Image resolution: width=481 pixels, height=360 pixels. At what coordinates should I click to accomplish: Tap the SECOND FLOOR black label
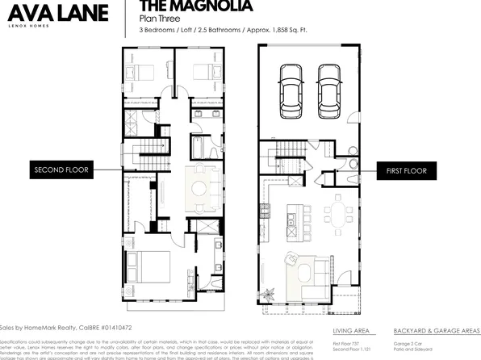tap(61, 170)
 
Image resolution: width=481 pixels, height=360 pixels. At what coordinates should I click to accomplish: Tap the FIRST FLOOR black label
tap(406, 170)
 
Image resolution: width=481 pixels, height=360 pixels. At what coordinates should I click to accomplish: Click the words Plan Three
tap(159, 18)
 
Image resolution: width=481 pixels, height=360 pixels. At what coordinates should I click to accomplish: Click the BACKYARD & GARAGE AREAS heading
tap(437, 331)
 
